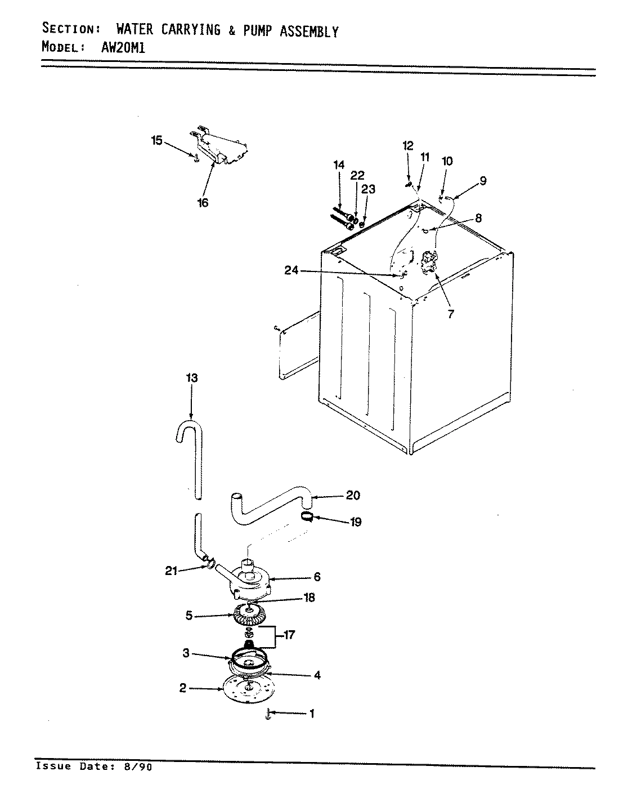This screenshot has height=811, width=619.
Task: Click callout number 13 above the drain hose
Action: pos(191,378)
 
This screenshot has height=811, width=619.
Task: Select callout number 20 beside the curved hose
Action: pos(353,496)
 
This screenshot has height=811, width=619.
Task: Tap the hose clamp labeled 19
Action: pos(307,517)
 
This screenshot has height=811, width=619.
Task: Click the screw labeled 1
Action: pos(268,714)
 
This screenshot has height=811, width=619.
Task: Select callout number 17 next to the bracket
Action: pos(289,635)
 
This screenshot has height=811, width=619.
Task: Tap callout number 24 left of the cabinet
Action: pos(291,271)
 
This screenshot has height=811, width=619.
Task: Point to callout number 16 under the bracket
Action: pos(203,202)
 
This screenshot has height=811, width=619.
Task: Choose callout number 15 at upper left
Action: pos(156,140)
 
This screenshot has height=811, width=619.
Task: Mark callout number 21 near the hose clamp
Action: pos(172,571)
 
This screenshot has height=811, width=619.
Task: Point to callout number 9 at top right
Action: pos(483,181)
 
